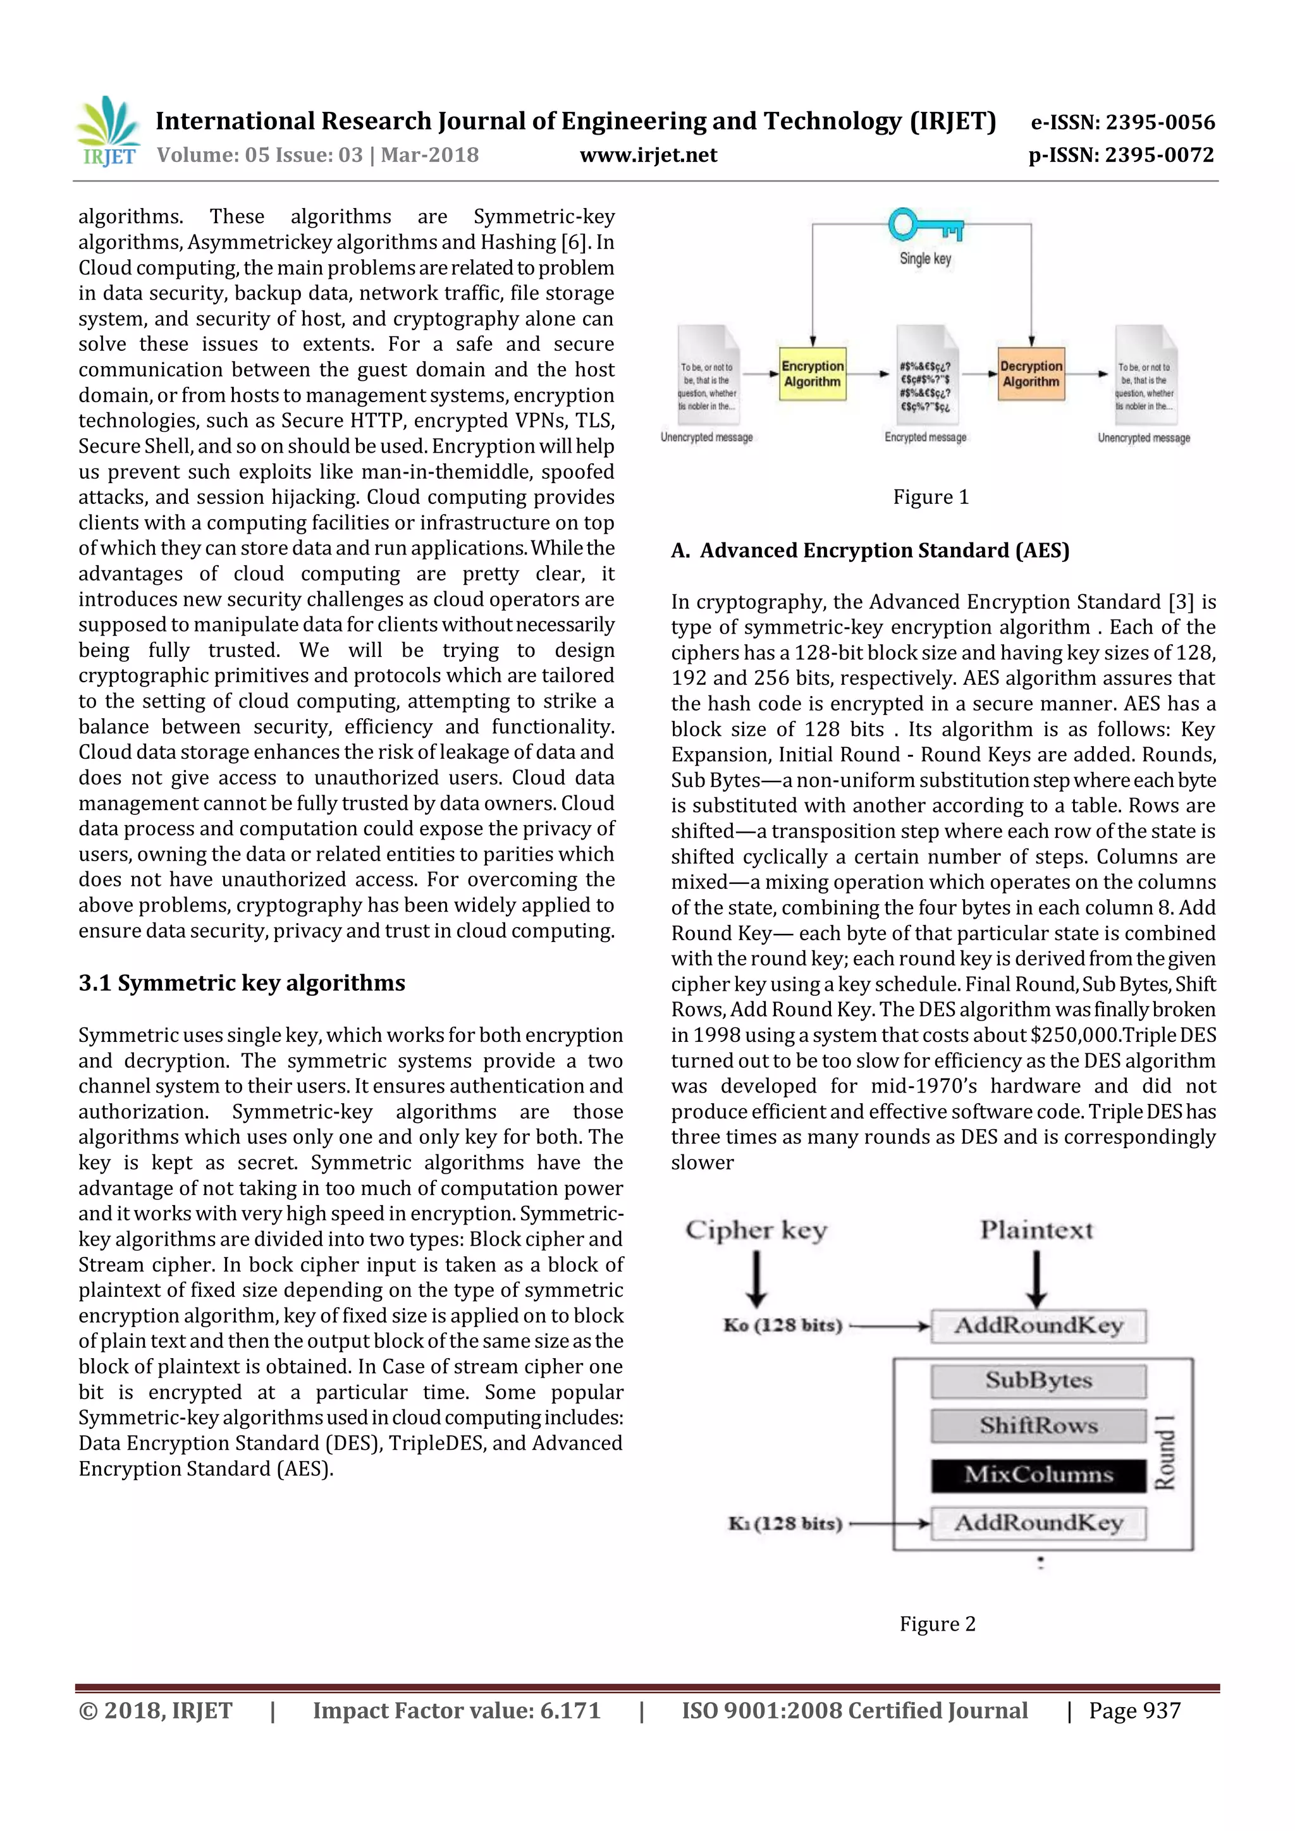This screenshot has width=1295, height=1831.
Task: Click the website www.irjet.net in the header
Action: (x=648, y=156)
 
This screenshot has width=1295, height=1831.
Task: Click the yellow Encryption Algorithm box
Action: (x=812, y=374)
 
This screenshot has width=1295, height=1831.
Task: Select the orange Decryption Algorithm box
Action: (x=1031, y=374)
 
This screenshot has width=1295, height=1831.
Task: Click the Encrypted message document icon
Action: (x=925, y=375)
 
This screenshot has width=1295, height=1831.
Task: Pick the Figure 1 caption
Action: (x=931, y=498)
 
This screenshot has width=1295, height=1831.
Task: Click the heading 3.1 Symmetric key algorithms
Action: (x=242, y=983)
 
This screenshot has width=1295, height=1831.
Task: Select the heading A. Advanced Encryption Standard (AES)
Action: (x=870, y=551)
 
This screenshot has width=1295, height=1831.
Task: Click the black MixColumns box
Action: (x=1038, y=1474)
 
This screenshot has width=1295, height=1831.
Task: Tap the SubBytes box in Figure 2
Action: (x=1038, y=1380)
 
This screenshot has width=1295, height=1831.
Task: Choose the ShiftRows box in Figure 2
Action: (x=1038, y=1426)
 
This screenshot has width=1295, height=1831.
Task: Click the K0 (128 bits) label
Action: (x=782, y=1325)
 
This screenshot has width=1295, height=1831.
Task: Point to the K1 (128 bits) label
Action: (x=785, y=1523)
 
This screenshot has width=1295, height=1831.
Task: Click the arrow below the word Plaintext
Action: (x=1036, y=1278)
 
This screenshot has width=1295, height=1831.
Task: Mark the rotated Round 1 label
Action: (x=1165, y=1453)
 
